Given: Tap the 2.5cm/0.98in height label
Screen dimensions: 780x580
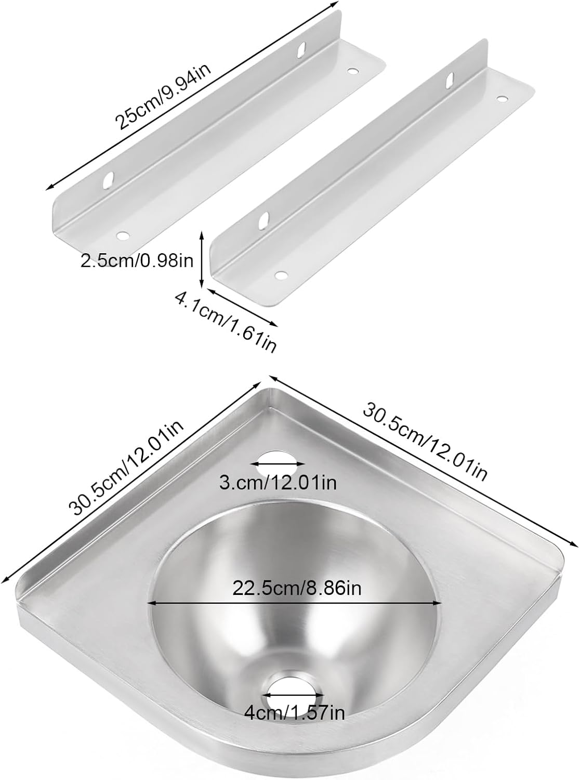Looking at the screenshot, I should [x=137, y=261].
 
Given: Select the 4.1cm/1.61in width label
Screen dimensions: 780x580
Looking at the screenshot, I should [x=225, y=321].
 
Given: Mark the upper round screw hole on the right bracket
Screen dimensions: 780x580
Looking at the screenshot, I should [x=502, y=98].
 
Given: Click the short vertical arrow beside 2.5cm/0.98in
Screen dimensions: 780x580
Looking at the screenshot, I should [x=202, y=260].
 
